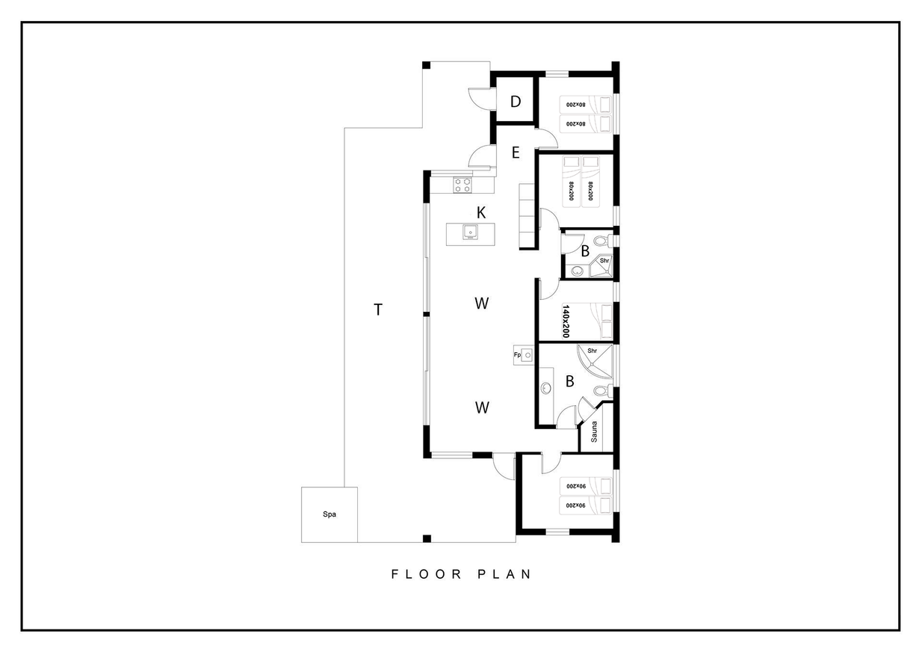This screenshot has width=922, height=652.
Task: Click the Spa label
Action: [329, 514]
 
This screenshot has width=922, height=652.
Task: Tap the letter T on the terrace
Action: [378, 310]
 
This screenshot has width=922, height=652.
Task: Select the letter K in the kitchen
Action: [480, 213]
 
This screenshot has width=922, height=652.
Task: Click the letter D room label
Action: [516, 102]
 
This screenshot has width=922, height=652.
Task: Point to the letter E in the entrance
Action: [516, 153]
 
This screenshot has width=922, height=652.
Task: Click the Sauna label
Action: [594, 431]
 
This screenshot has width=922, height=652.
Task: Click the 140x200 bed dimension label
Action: [566, 322]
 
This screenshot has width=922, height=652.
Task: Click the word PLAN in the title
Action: [504, 574]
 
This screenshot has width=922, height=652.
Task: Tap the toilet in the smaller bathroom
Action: [603, 240]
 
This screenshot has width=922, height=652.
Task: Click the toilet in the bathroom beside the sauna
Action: [602, 390]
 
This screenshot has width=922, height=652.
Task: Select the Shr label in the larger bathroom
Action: [593, 351]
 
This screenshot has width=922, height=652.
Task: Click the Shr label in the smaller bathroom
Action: [604, 261]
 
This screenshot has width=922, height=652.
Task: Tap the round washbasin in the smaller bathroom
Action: [578, 271]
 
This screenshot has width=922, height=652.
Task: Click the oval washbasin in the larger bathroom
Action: [545, 388]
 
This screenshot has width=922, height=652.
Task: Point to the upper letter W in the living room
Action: [482, 304]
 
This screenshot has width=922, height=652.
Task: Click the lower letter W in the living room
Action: [482, 407]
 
